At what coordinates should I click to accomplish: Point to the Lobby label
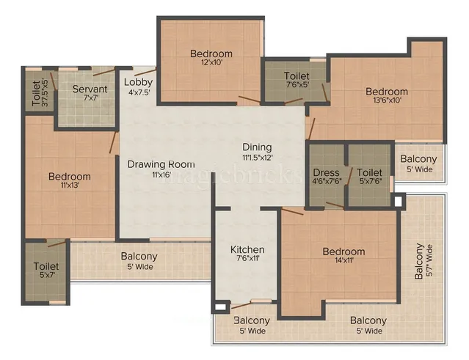[138, 81]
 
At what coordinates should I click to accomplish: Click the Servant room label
[90, 89]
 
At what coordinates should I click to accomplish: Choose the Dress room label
[326, 174]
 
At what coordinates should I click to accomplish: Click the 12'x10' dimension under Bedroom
[211, 64]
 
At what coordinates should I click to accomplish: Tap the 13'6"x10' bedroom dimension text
[387, 102]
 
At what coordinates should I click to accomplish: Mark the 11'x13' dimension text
[70, 186]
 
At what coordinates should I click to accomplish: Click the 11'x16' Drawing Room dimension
[161, 175]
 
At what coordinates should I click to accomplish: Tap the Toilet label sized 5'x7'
[46, 267]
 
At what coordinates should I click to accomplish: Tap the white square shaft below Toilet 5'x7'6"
[397, 200]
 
